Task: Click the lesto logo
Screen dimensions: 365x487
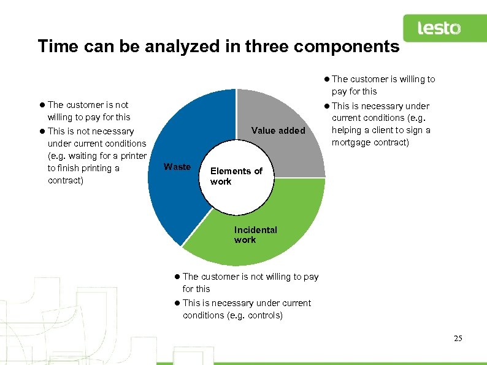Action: pyautogui.click(x=439, y=28)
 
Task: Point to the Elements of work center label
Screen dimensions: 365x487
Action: pyautogui.click(x=236, y=176)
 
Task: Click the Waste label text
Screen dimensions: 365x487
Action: pyautogui.click(x=177, y=167)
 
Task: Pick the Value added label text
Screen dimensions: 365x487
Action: pyautogui.click(x=278, y=131)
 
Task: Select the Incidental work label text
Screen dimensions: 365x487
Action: pyautogui.click(x=255, y=234)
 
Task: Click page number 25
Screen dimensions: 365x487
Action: pyautogui.click(x=458, y=338)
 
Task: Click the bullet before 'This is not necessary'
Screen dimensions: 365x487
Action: pyautogui.click(x=42, y=131)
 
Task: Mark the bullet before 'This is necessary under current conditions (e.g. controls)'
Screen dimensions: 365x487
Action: pyautogui.click(x=177, y=303)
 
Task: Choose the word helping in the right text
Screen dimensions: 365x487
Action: pyautogui.click(x=348, y=130)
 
